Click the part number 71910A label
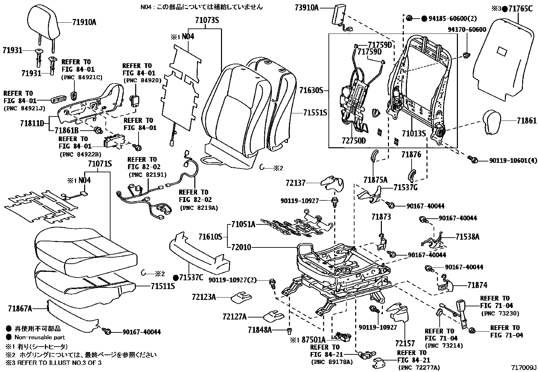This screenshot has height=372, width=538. point(84,22)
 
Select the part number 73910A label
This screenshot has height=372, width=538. point(307,7)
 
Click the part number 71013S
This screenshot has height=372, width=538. point(414,134)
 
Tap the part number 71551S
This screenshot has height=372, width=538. point(314,113)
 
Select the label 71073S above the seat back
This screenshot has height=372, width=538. point(207,20)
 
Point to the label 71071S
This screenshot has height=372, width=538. point(100,164)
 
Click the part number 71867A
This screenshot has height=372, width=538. point(20,308)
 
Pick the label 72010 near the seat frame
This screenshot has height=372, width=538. point(241,247)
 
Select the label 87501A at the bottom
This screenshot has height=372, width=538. point(314,340)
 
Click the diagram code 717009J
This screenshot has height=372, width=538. point(523,368)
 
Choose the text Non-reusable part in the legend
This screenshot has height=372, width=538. point(40,337)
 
